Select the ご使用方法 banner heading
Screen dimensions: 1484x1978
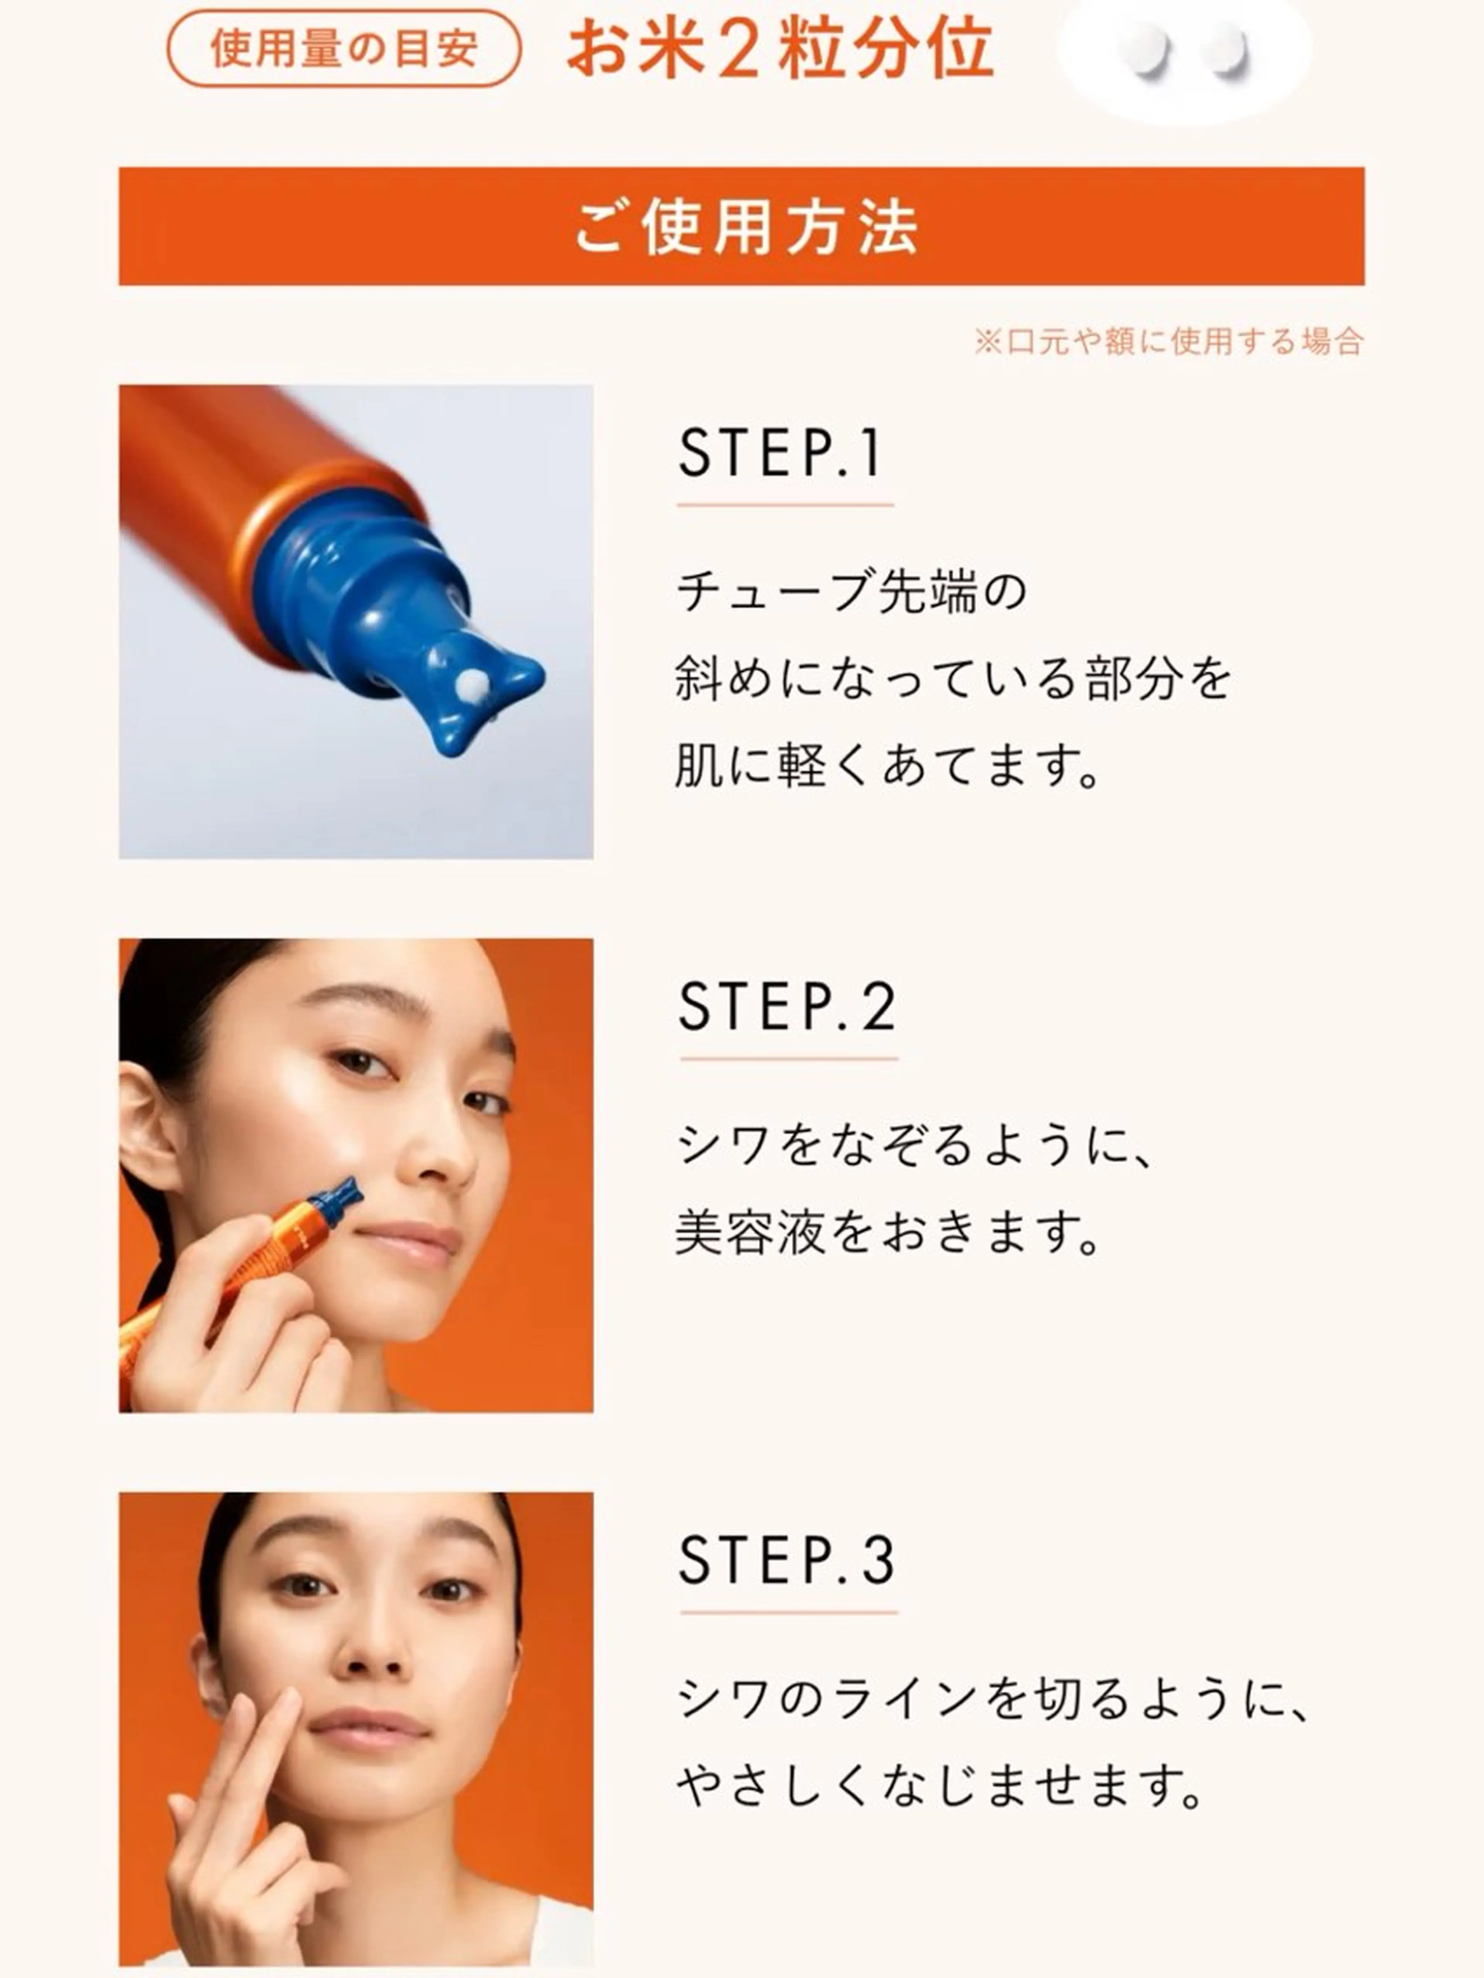point(746,227)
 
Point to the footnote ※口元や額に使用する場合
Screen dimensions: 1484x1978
point(1168,341)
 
